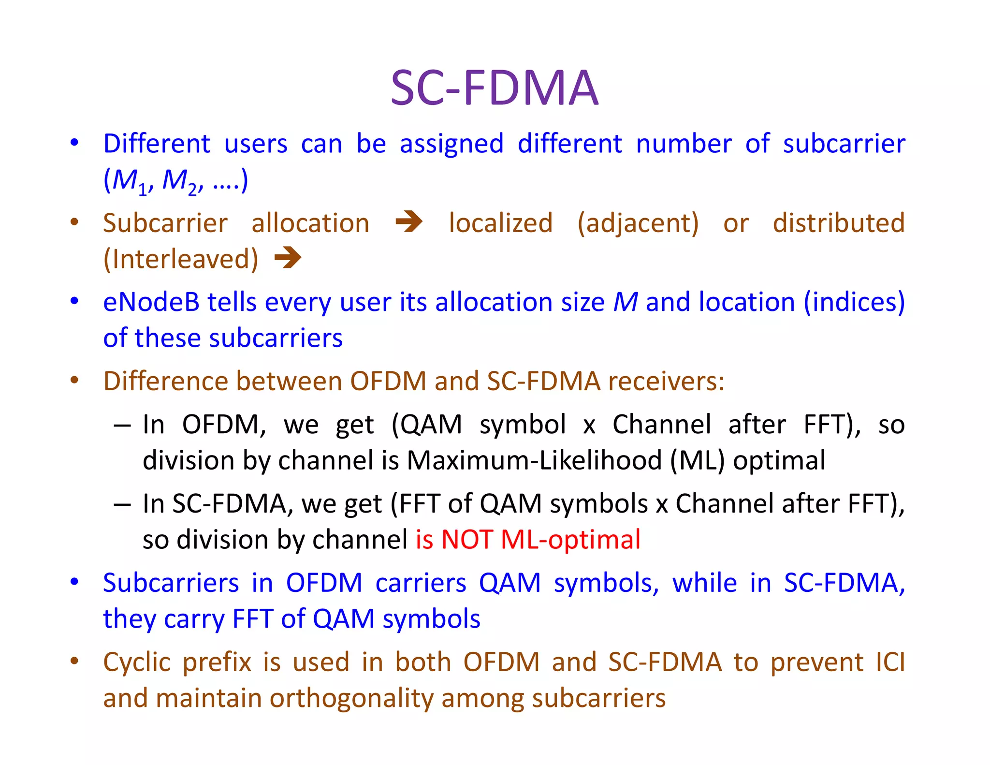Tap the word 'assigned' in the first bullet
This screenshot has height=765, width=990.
click(451, 144)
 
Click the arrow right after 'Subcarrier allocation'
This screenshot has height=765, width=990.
click(409, 222)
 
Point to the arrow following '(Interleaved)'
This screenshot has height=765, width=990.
click(288, 257)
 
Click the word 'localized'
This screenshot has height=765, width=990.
click(500, 223)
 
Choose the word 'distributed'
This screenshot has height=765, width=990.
click(839, 223)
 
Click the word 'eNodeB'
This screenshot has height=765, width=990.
click(151, 302)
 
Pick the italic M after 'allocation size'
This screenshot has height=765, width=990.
click(626, 302)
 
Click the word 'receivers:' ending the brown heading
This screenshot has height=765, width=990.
click(666, 382)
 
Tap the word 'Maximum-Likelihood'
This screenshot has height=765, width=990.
click(534, 460)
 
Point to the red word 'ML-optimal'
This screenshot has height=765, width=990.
click(570, 540)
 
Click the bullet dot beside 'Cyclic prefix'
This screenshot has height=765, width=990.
click(74, 661)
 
